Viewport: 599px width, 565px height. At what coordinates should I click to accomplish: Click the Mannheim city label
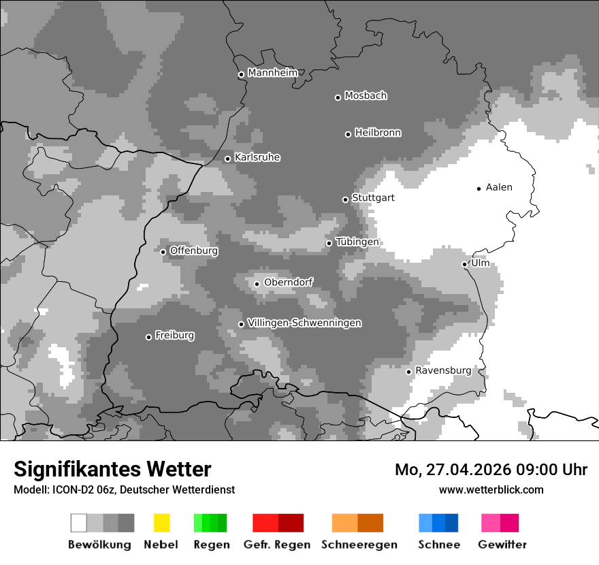[272, 73]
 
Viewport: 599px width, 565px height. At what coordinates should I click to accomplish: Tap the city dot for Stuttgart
[345, 199]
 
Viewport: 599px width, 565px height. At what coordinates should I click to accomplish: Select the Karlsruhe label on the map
[257, 157]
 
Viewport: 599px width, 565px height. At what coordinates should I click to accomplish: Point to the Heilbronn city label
[378, 133]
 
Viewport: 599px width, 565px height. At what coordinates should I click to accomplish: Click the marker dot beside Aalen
[479, 189]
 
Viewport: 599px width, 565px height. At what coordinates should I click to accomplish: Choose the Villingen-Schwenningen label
[304, 323]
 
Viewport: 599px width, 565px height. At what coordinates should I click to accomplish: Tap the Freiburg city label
[174, 335]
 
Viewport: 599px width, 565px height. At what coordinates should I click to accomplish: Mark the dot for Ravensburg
[408, 372]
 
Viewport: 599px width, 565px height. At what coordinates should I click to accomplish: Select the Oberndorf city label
[288, 282]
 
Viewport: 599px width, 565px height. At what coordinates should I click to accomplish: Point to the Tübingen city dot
[329, 243]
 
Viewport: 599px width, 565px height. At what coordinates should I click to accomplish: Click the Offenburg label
[193, 251]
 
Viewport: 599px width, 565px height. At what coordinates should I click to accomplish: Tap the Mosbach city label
[366, 96]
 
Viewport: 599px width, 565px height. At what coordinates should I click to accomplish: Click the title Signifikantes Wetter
[112, 469]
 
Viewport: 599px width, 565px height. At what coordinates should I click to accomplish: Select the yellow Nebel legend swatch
[161, 523]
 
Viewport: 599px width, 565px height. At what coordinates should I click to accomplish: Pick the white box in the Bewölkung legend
[79, 523]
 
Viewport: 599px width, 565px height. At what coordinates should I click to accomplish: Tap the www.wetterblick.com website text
[491, 489]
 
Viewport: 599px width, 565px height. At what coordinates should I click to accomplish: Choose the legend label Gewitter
[502, 545]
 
